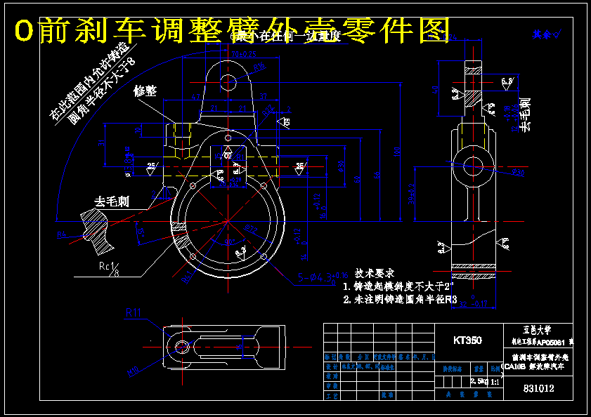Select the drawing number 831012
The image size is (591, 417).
point(539,388)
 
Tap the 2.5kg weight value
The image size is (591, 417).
point(478,381)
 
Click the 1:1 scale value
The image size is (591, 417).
point(494,381)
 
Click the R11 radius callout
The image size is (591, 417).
point(134,312)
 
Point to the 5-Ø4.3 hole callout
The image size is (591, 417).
point(317,277)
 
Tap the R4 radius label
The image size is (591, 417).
point(242,250)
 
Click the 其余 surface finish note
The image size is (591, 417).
point(541,34)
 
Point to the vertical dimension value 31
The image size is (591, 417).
point(101,143)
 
